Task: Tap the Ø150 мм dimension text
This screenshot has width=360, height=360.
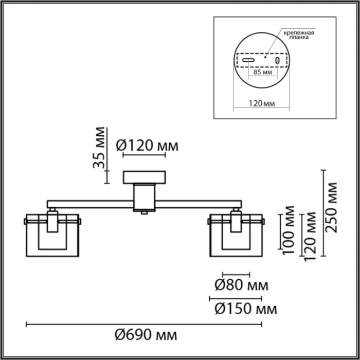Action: (245, 309)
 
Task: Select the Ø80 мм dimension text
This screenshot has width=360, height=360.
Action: (241, 284)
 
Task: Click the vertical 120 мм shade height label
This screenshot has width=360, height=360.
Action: (310, 236)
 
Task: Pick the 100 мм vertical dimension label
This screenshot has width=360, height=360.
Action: (290, 230)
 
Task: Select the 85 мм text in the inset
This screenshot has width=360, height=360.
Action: (263, 73)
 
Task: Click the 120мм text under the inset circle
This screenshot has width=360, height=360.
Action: (262, 103)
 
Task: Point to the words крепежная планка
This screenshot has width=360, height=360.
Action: (298, 35)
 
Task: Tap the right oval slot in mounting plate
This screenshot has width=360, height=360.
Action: (278, 61)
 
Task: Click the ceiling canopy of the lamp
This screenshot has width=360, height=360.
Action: (143, 178)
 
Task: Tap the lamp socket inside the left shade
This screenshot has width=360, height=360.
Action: (52, 221)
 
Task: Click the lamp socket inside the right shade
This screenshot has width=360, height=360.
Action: (236, 221)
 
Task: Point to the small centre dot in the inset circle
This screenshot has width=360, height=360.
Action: (265, 58)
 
